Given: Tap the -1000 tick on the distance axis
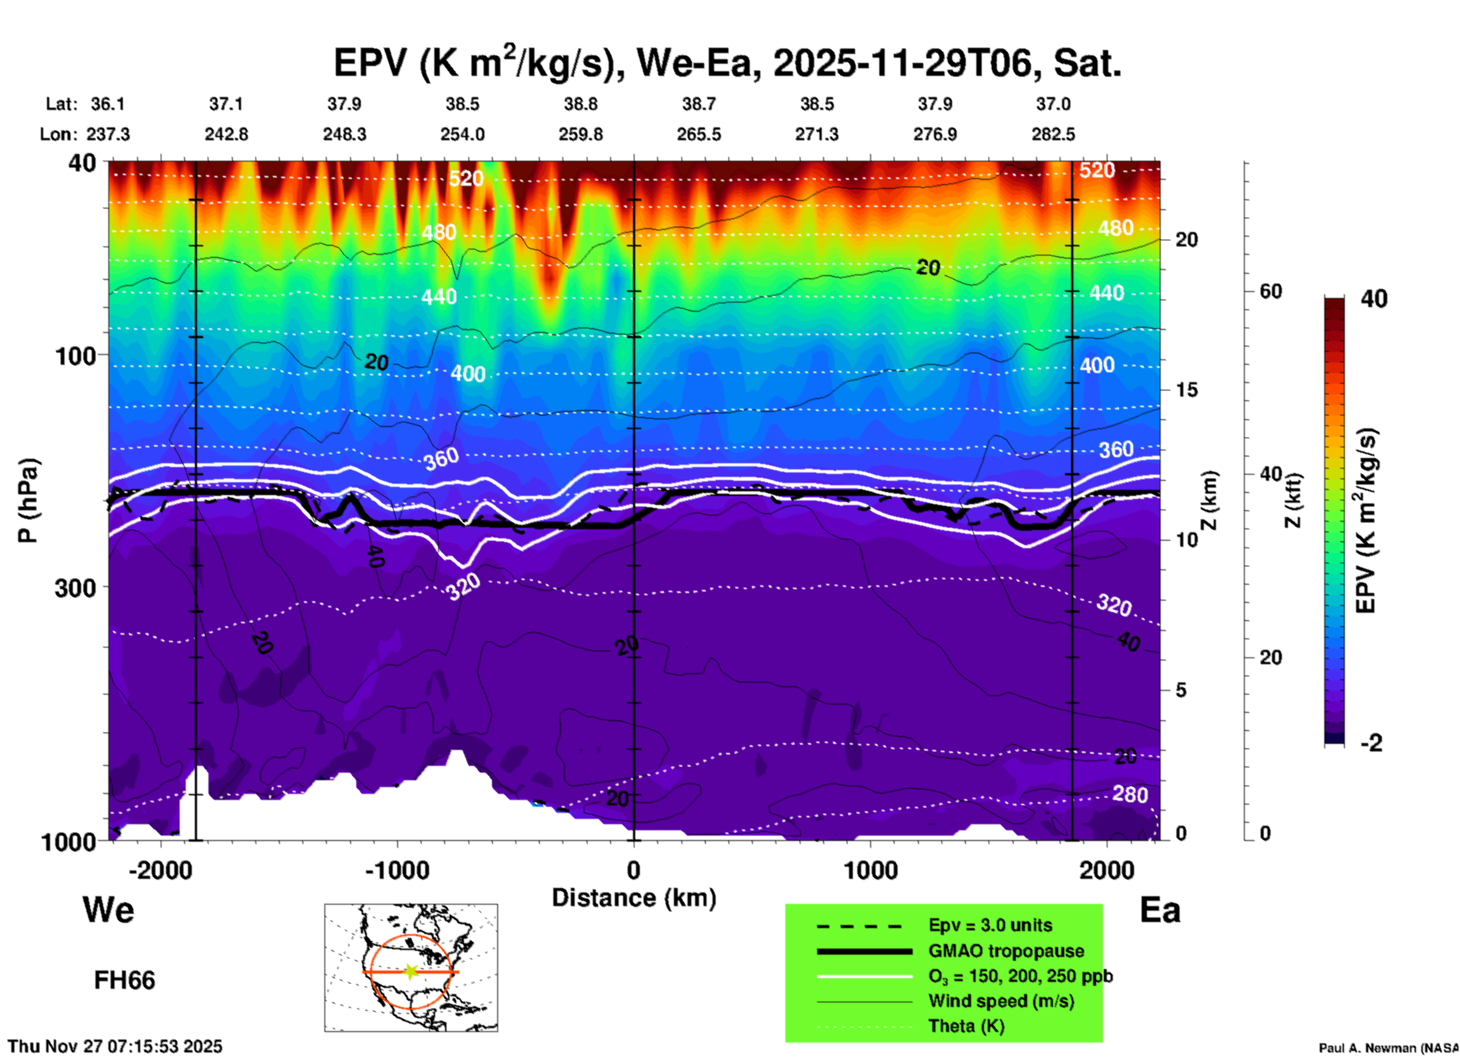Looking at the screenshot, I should [x=396, y=870].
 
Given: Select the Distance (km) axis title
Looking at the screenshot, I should [x=634, y=898].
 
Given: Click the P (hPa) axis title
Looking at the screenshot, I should [x=27, y=500].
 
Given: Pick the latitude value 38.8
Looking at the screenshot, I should [x=580, y=104].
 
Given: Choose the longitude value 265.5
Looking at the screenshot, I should [x=698, y=134].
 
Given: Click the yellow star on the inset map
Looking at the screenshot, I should [x=411, y=971].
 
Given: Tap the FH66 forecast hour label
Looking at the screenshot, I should [x=124, y=980].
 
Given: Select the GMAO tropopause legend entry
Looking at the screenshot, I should [x=1006, y=951].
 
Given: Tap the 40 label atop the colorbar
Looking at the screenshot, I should [x=1374, y=299].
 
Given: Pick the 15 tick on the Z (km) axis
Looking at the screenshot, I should [x=1186, y=390].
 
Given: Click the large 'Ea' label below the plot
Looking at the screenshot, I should [x=1160, y=910].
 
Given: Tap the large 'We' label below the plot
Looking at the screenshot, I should [x=108, y=909].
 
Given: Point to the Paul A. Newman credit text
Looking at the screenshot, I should [x=1388, y=1048].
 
